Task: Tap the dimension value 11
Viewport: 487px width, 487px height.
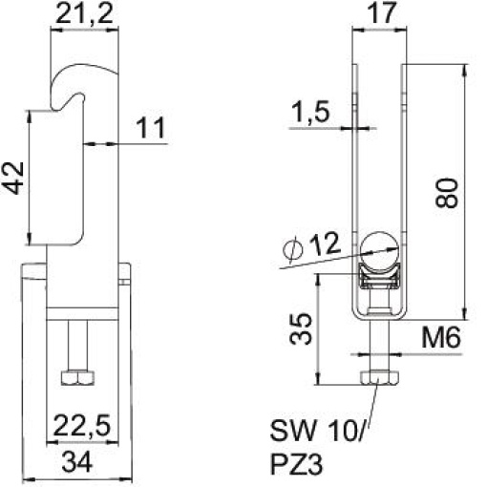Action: tap(150, 126)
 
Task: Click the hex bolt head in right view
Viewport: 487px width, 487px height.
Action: tap(379, 378)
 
